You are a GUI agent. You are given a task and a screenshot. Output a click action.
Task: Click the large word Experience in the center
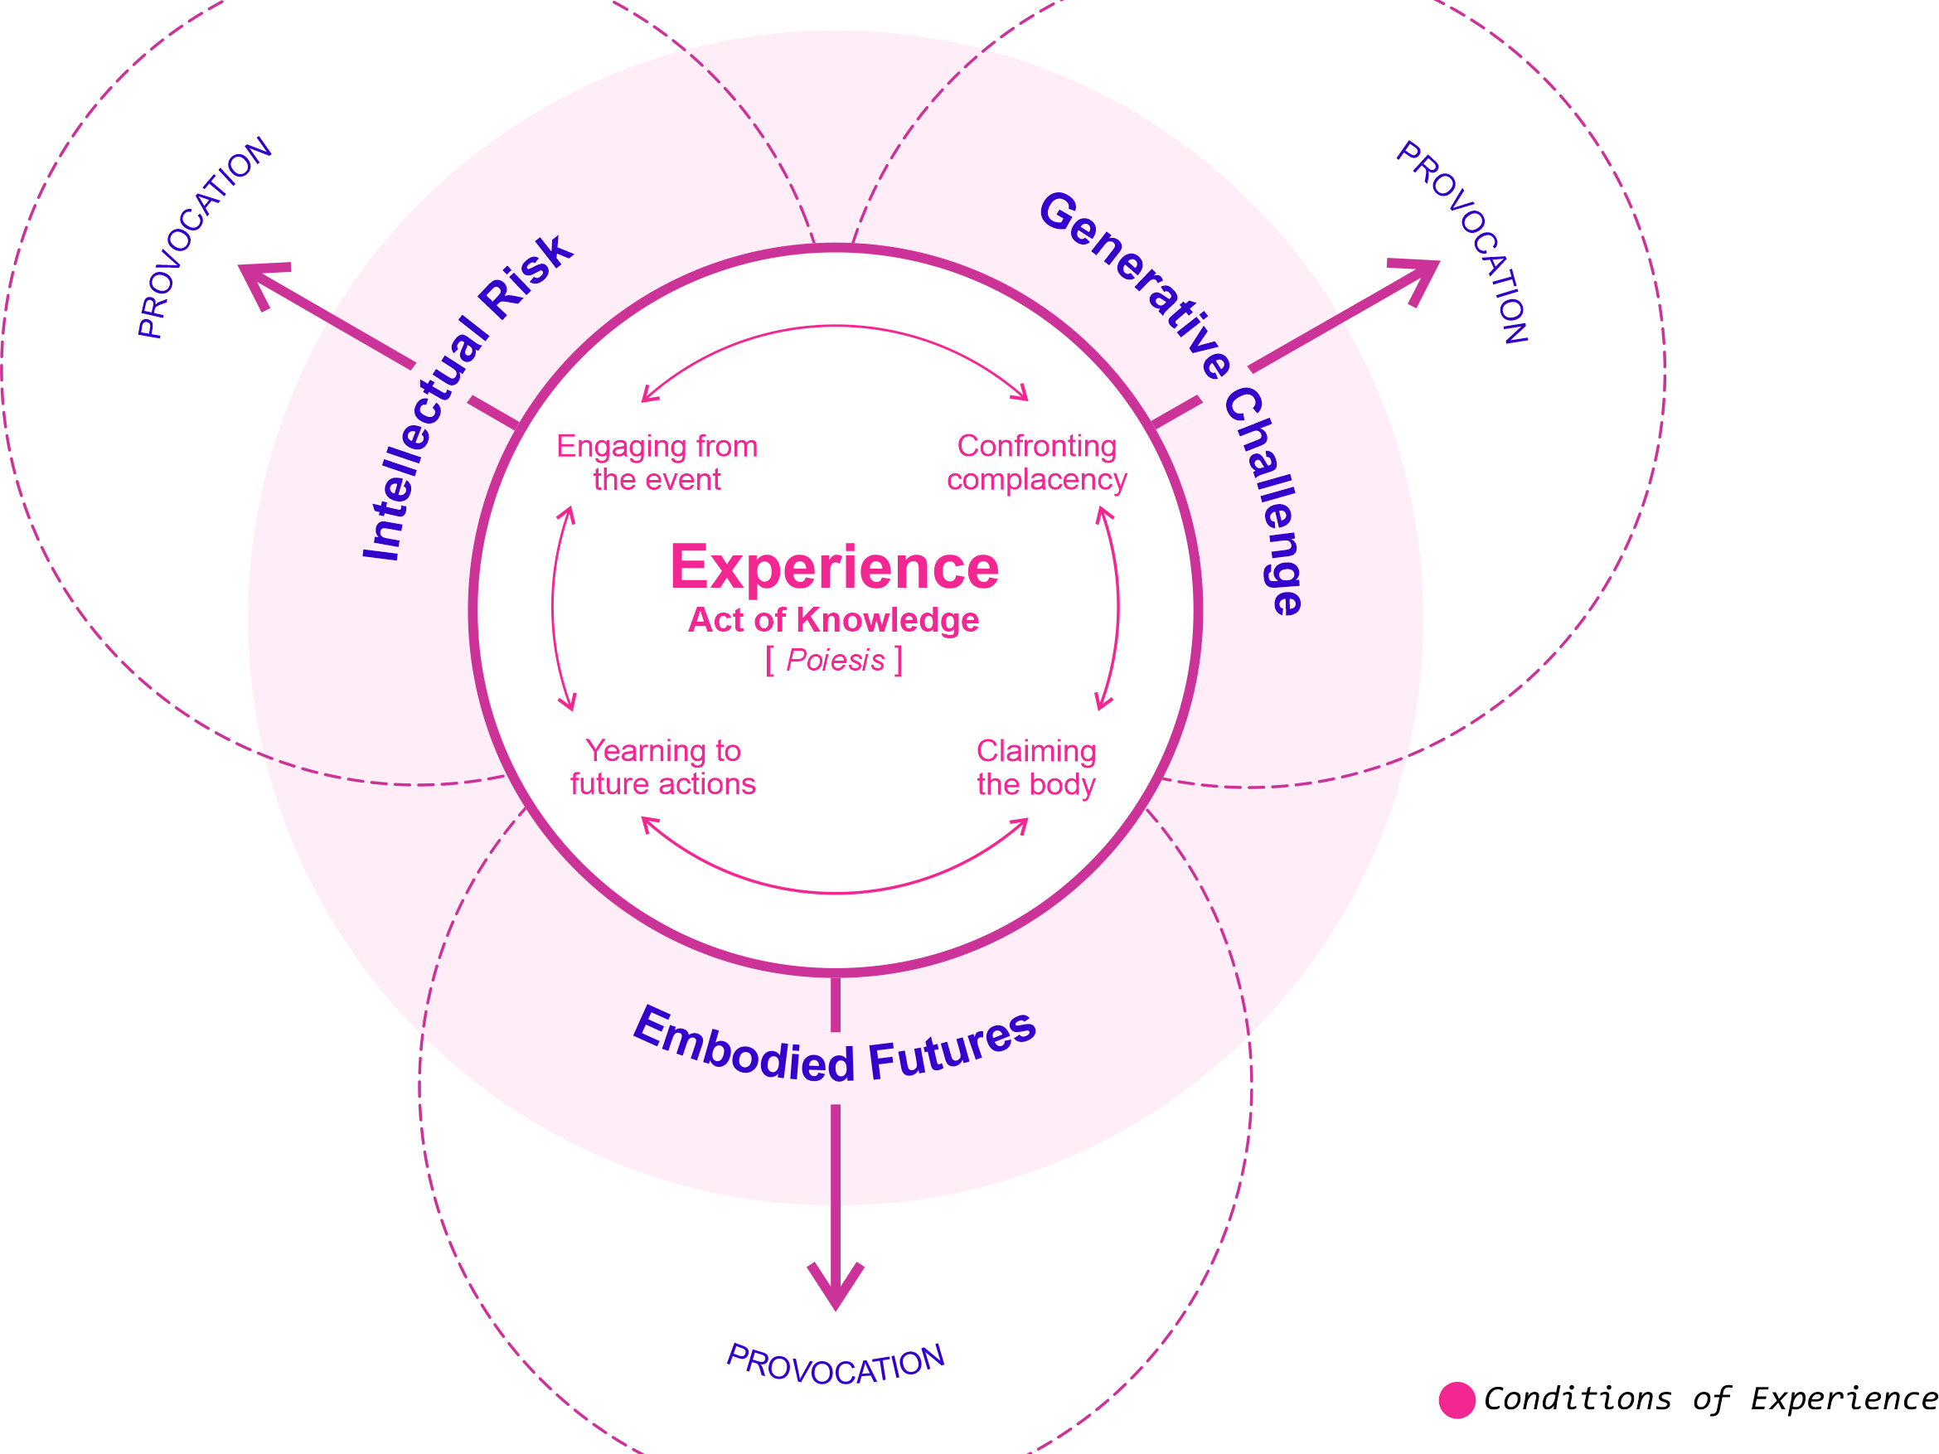click(834, 568)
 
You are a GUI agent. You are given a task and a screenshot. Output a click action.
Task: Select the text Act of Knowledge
click(834, 619)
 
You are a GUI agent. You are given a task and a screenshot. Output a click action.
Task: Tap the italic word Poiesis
click(835, 661)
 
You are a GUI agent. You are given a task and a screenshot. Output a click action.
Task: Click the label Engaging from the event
click(657, 463)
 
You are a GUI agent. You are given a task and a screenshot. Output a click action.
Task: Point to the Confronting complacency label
click(1036, 463)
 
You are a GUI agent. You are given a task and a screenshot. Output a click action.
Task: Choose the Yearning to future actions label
click(662, 767)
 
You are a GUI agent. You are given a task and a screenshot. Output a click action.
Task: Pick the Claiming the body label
click(1036, 767)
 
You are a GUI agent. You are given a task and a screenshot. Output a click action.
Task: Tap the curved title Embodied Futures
click(835, 1047)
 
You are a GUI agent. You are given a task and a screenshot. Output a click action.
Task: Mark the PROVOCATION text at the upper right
click(1463, 241)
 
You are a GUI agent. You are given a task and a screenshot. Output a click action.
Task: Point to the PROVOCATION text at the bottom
click(836, 1365)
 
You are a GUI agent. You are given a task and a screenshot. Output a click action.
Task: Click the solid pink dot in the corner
click(1457, 1399)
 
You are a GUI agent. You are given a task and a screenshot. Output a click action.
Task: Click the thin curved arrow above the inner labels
click(835, 327)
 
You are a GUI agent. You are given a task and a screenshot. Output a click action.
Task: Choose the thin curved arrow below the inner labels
click(835, 892)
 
